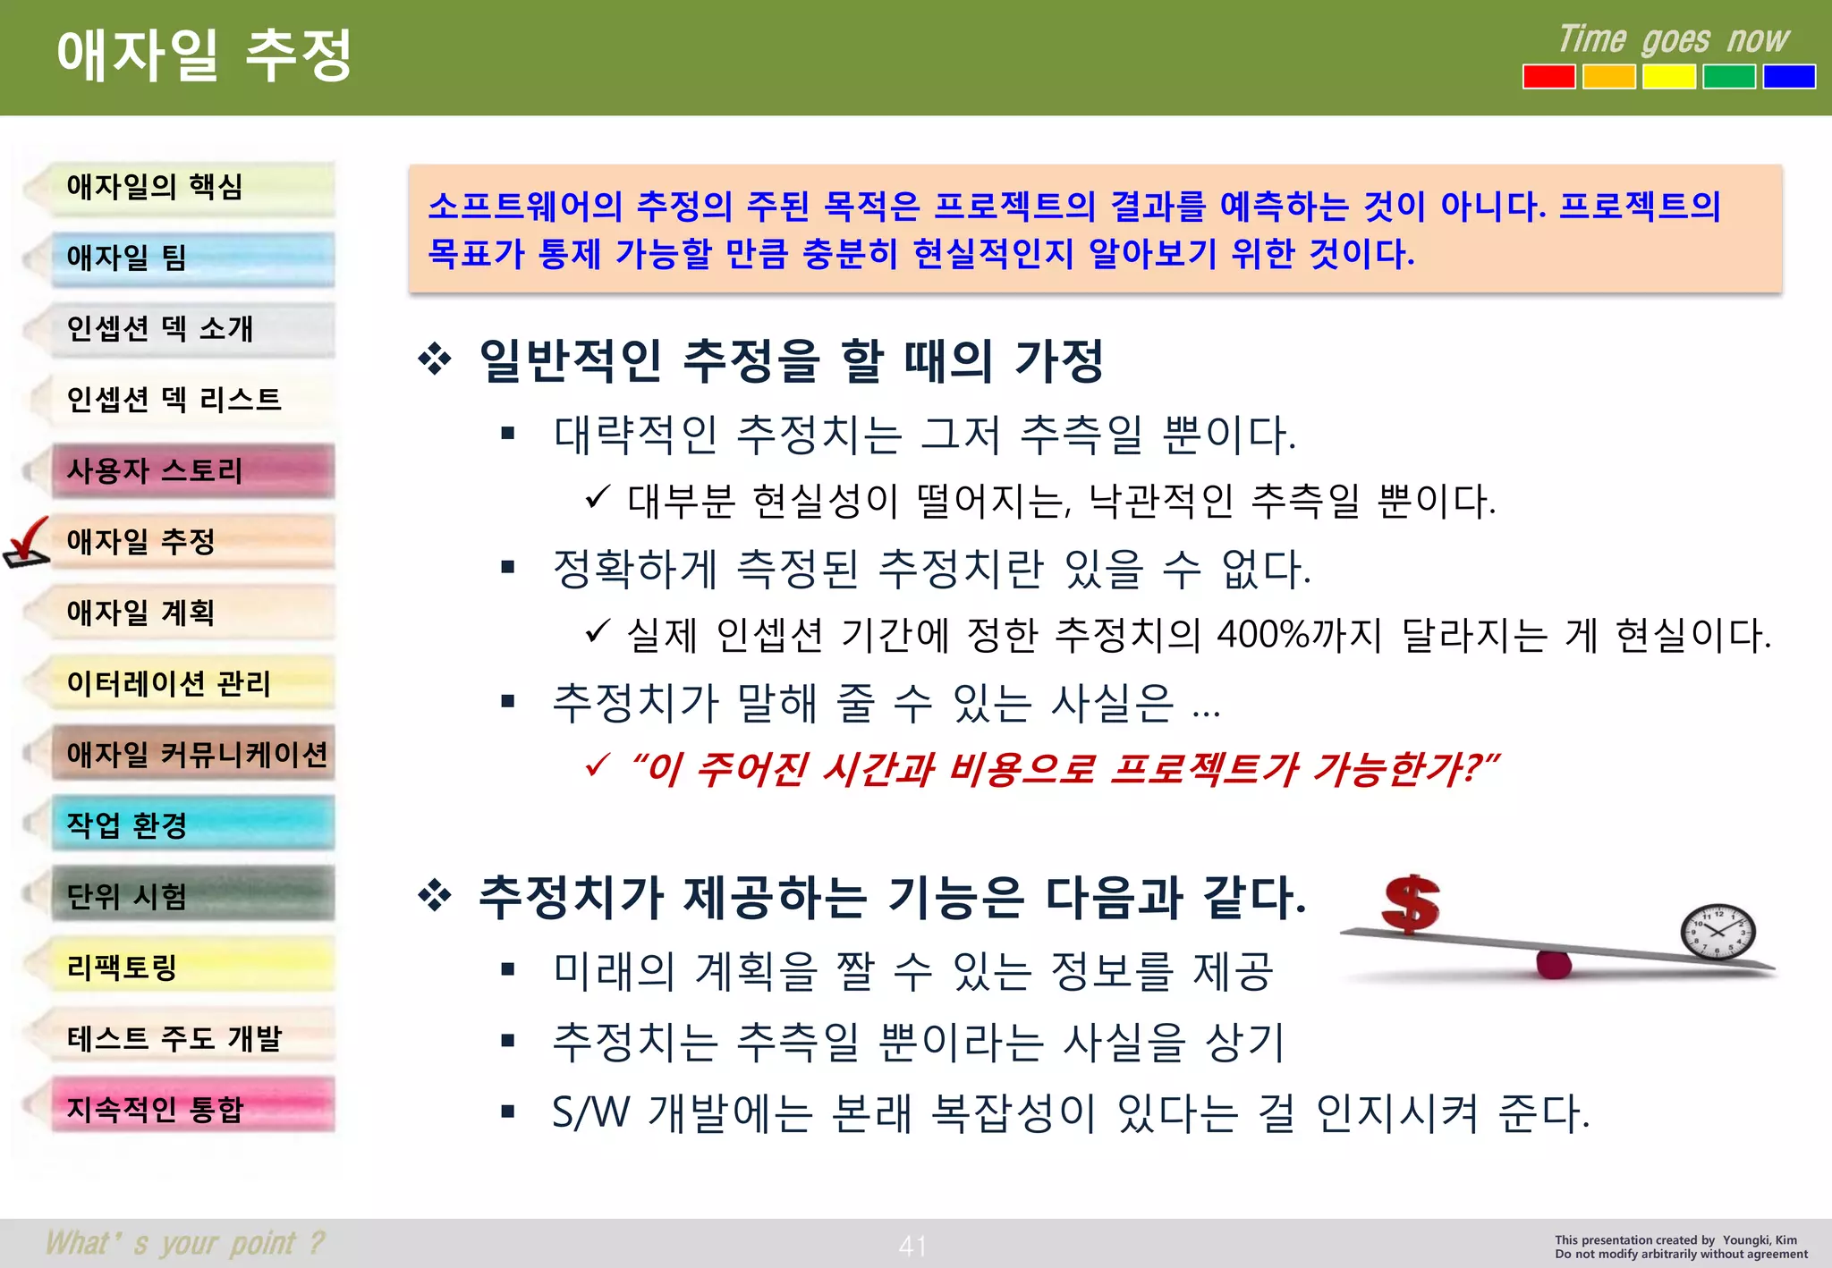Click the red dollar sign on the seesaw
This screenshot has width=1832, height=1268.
click(x=1411, y=904)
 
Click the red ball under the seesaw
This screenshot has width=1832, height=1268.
click(x=1554, y=964)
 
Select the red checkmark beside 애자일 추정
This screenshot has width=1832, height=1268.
click(x=27, y=542)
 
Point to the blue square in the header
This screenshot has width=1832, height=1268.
click(x=1789, y=77)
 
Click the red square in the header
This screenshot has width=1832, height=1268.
click(x=1549, y=77)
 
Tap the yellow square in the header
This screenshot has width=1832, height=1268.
click(x=1669, y=77)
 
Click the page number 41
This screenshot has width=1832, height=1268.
click(x=912, y=1246)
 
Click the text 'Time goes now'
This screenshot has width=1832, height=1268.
click(x=1674, y=40)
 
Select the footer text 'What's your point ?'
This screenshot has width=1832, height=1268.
click(x=185, y=1243)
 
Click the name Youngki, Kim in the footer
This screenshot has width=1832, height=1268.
click(x=1760, y=1240)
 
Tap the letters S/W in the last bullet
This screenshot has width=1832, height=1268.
click(x=591, y=1113)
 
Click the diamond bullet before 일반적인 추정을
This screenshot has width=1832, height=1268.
click(x=435, y=360)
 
